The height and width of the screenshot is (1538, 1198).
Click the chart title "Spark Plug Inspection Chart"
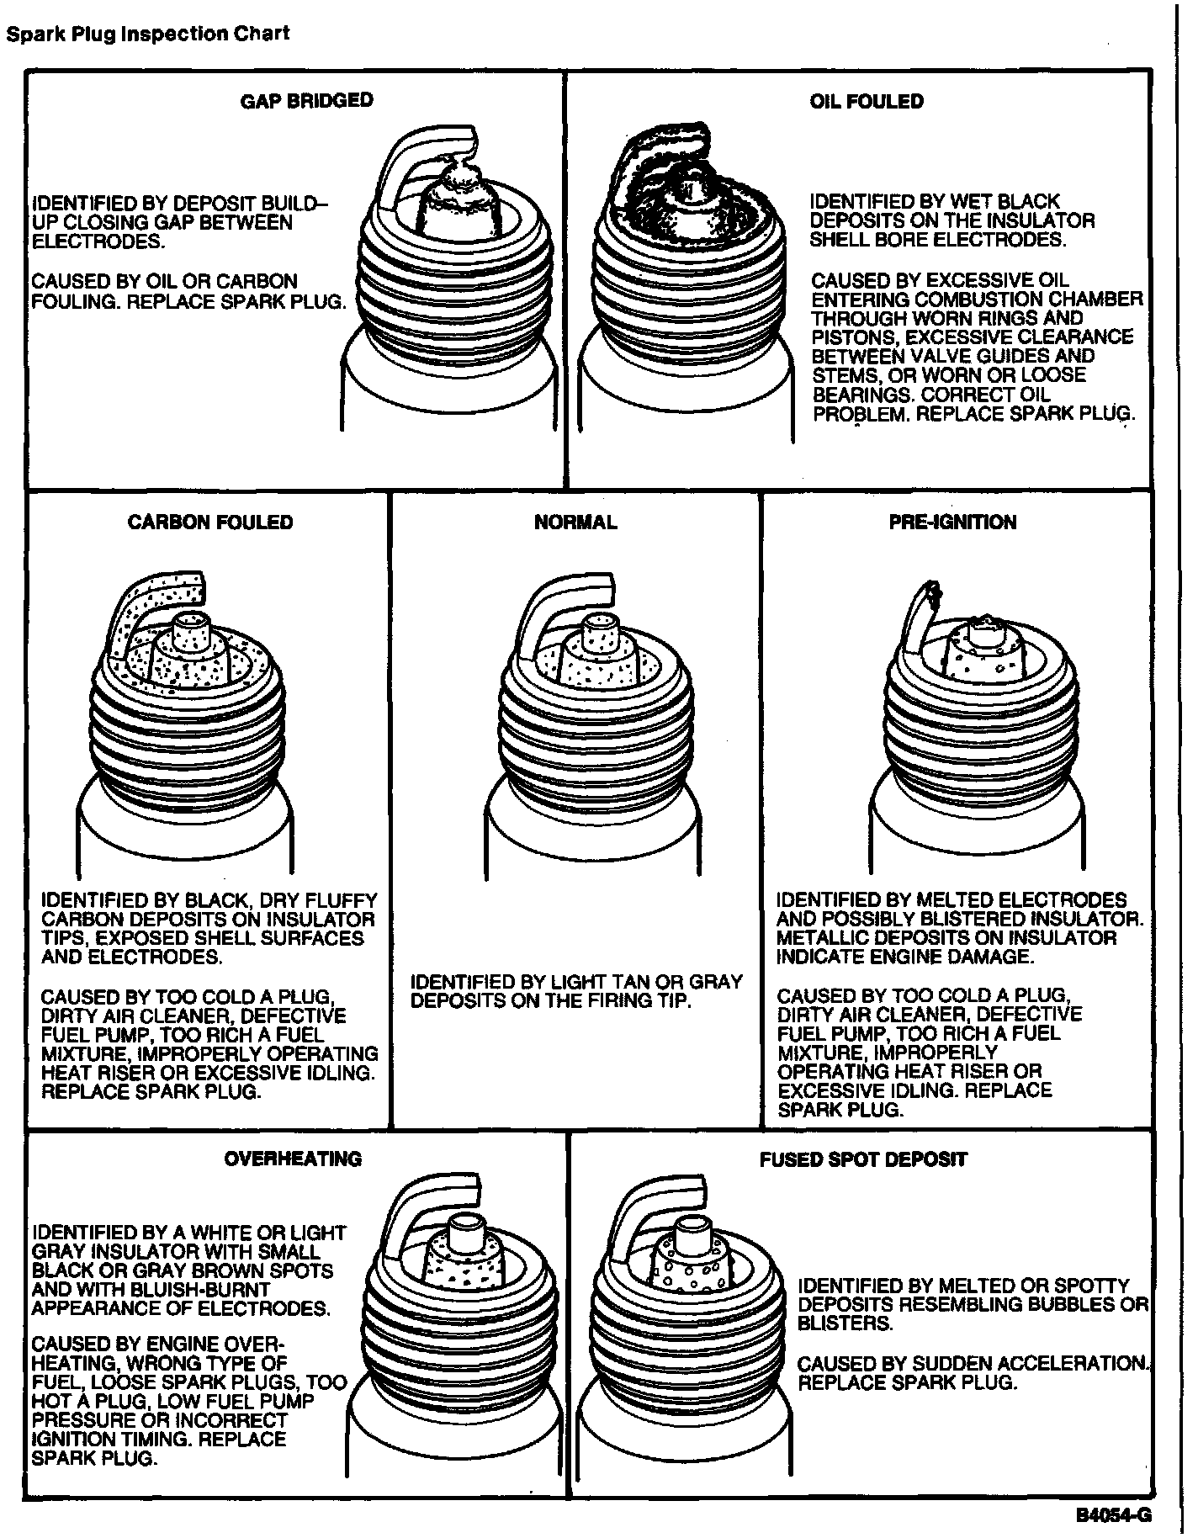147,34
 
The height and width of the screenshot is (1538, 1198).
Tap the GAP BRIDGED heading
306,100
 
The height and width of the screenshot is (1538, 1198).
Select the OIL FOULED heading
867,101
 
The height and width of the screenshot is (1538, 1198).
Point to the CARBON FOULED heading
210,522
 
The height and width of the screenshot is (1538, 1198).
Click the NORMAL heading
575,522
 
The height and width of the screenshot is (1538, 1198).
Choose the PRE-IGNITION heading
952,522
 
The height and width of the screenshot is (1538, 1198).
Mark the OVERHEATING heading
293,1159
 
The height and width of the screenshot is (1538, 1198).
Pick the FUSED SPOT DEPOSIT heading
863,1159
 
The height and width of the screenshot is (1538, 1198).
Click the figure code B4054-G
1113,1515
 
